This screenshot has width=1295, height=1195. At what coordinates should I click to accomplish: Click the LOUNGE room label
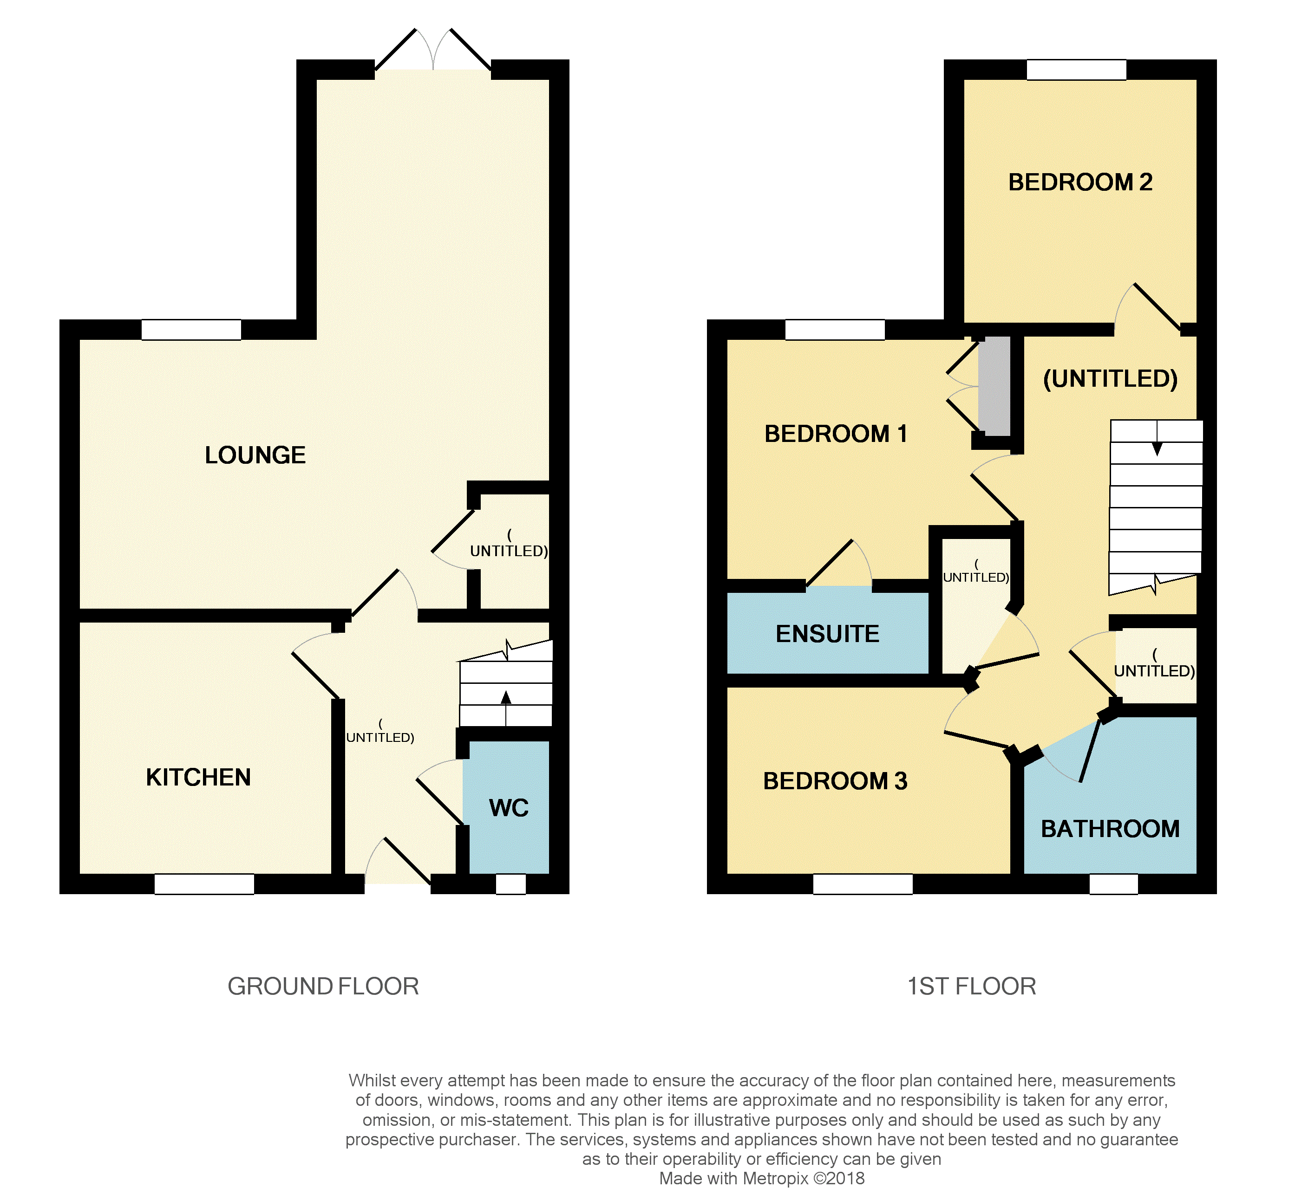point(255,455)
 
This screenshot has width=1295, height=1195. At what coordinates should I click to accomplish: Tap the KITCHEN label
point(198,777)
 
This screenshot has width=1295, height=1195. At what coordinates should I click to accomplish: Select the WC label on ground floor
point(509,808)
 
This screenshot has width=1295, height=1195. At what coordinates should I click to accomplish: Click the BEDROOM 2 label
point(1080,182)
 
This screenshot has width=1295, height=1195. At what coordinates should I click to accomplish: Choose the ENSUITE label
point(827,634)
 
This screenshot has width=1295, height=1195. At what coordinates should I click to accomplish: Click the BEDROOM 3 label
point(835,781)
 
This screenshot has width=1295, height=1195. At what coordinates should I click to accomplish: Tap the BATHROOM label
point(1110,829)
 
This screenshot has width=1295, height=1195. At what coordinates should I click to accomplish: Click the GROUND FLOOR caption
point(323,986)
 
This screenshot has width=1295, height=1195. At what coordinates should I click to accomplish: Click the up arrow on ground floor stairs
point(506,698)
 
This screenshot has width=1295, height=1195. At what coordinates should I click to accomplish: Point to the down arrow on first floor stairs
point(1157,448)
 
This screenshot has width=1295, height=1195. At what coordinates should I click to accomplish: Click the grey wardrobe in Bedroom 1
point(994,386)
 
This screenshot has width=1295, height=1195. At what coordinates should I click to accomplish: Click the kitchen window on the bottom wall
point(204,884)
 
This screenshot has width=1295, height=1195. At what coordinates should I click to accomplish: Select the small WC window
point(510,884)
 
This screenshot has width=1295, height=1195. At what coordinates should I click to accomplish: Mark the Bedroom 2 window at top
point(1076,70)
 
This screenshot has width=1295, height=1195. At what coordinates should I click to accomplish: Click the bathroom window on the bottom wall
point(1113,884)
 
